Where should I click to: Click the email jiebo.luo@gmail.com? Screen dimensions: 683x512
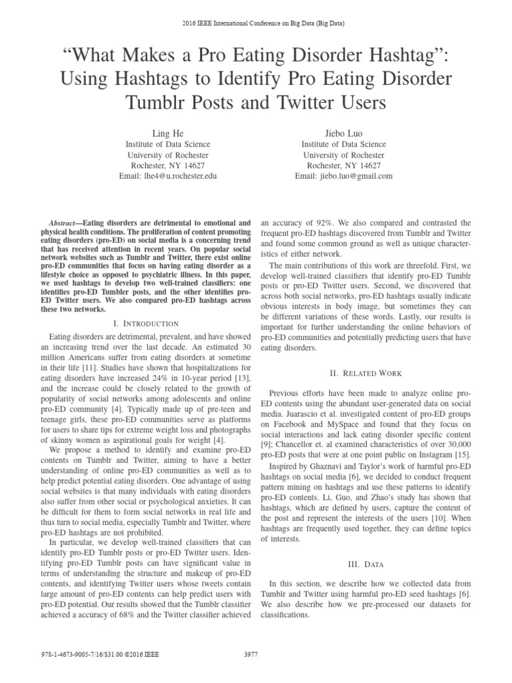coord(343,176)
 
